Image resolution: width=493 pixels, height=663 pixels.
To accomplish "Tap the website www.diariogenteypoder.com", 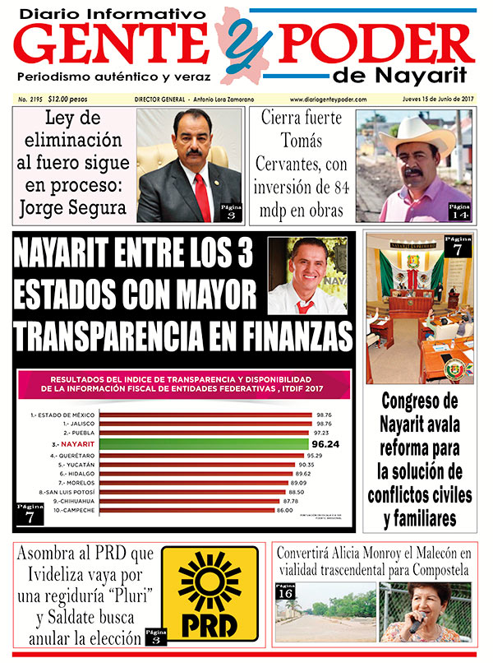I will pyautogui.click(x=327, y=100).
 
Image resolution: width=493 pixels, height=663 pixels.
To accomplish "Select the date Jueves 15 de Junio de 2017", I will pyautogui.click(x=434, y=100).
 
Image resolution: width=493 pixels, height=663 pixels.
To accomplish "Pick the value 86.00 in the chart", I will pyautogui.click(x=306, y=511).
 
